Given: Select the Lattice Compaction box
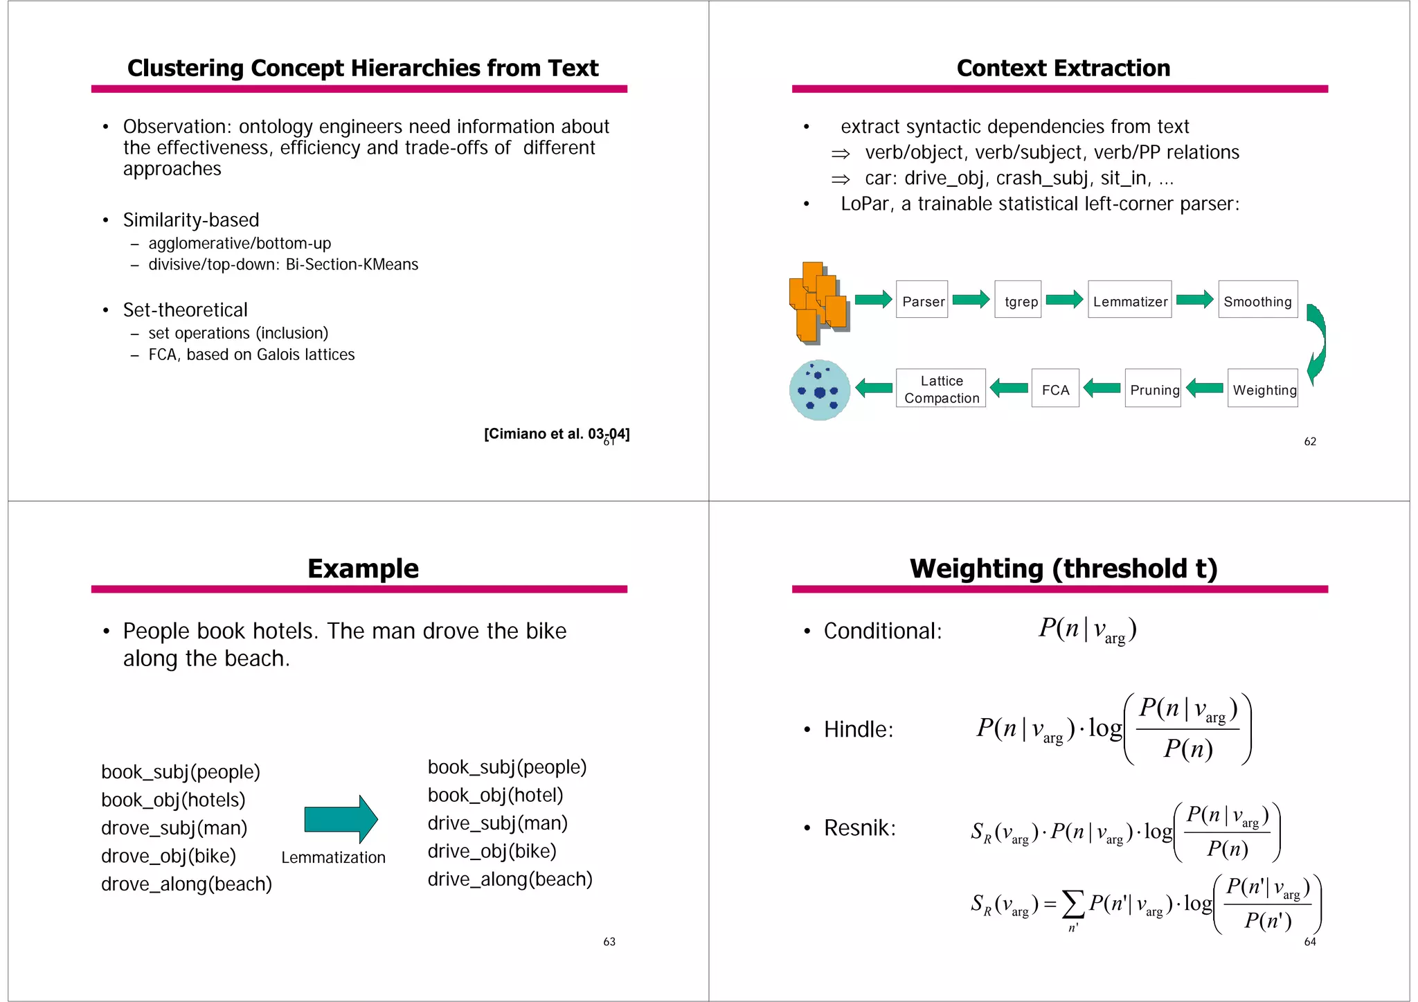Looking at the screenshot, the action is tap(941, 388).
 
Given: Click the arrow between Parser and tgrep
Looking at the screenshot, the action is tap(971, 299).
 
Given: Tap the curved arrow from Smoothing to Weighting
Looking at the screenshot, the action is tap(1316, 344).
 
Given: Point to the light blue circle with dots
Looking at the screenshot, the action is tap(819, 390).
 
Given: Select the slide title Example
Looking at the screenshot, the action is tap(363, 569).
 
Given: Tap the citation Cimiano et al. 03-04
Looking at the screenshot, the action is tap(556, 434).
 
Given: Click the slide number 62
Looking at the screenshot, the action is tap(1310, 442).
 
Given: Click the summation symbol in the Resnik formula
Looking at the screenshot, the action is tap(1073, 903).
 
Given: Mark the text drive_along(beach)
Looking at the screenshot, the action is tap(510, 879).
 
